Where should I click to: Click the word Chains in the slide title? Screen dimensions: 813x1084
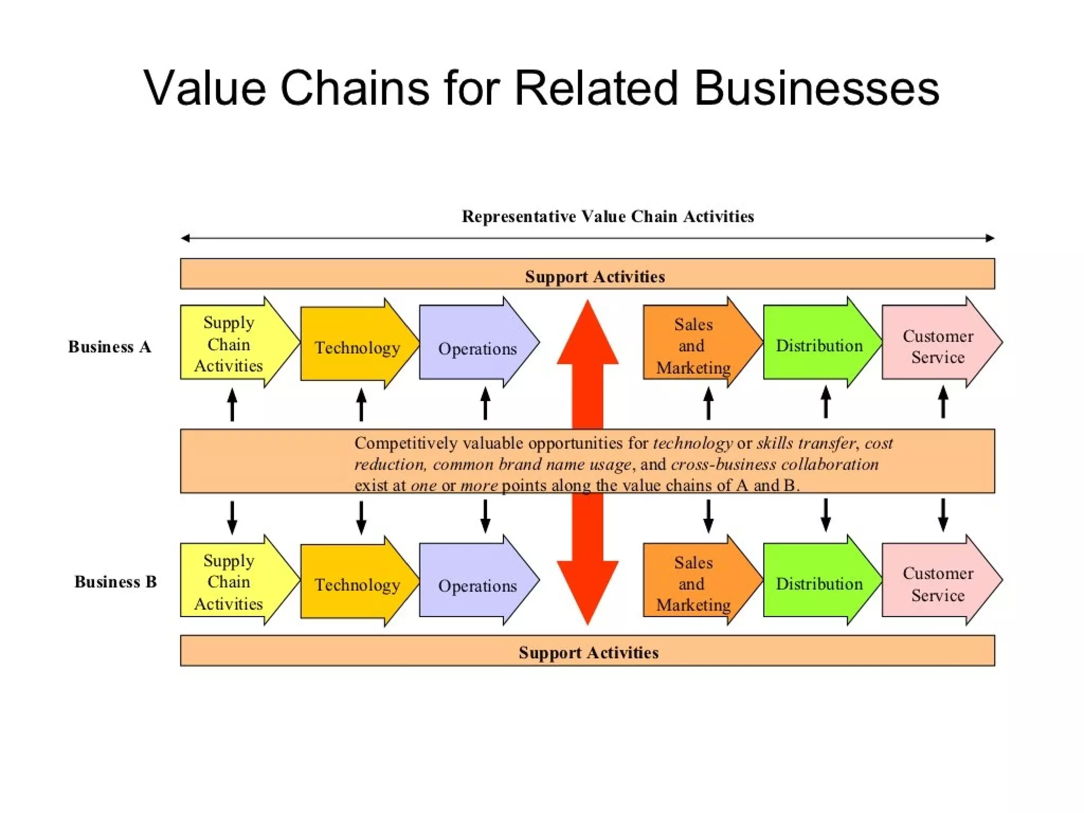(x=354, y=88)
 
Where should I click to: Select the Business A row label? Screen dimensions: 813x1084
(x=110, y=347)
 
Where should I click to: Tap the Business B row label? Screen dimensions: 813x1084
(x=115, y=582)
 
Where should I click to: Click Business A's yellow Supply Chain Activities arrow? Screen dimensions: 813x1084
(x=229, y=344)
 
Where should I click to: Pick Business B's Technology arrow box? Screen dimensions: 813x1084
(x=357, y=584)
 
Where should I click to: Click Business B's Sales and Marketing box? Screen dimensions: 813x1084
(x=693, y=583)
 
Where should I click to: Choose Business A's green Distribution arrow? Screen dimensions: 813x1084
(x=819, y=346)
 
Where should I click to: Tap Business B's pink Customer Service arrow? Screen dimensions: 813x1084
(x=937, y=584)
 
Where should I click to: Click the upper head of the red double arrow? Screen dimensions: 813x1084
(x=588, y=333)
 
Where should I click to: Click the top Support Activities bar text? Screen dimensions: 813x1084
(x=594, y=276)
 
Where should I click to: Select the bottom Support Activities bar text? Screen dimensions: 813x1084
(x=588, y=652)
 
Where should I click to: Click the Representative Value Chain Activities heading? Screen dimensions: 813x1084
(x=608, y=216)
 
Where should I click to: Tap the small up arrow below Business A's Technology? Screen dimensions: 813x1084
(x=361, y=405)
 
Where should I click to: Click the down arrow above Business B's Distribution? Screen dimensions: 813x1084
(x=826, y=515)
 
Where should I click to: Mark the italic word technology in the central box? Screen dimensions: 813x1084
(x=692, y=443)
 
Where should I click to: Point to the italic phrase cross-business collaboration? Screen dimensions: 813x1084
(x=774, y=464)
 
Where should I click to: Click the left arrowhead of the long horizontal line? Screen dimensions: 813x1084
(x=185, y=238)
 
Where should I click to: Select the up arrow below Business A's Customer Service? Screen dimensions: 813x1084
(x=943, y=402)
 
